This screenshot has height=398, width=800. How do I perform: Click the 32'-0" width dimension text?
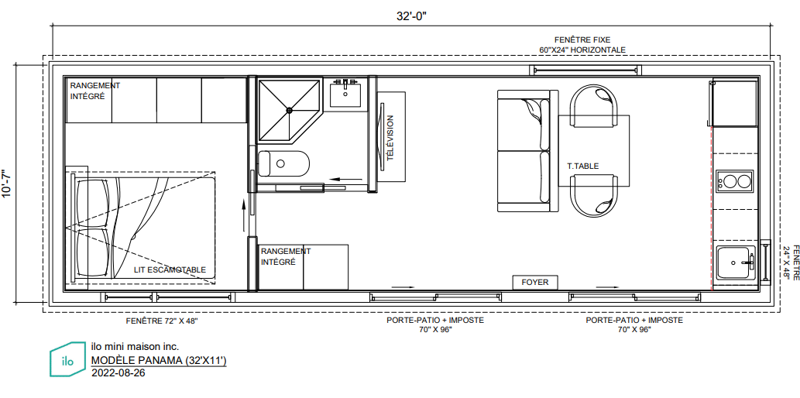411,15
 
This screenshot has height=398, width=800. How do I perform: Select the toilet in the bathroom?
283,163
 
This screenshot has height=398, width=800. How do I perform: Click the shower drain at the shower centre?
290,109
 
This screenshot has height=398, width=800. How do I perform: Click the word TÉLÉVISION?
391,138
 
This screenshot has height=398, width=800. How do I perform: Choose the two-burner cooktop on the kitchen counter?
734,181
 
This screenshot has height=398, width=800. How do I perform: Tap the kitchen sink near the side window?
736,262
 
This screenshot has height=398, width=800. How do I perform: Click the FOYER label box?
535,282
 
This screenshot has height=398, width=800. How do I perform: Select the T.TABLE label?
582,166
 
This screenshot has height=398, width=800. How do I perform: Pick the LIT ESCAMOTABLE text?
170,270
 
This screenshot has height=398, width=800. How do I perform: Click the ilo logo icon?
68,359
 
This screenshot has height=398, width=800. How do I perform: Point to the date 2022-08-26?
118,373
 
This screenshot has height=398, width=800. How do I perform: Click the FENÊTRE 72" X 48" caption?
161,321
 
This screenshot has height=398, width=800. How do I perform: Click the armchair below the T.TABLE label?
596,195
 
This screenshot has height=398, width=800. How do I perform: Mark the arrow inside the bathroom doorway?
346,179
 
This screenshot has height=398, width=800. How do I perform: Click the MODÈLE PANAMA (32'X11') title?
159,361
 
